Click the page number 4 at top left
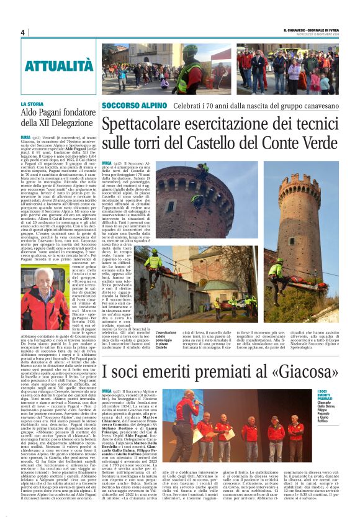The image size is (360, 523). click(x=22, y=32)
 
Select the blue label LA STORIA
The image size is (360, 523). click(x=32, y=104)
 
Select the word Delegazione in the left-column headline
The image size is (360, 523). click(x=61, y=123)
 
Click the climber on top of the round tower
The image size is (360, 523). click(x=203, y=168)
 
